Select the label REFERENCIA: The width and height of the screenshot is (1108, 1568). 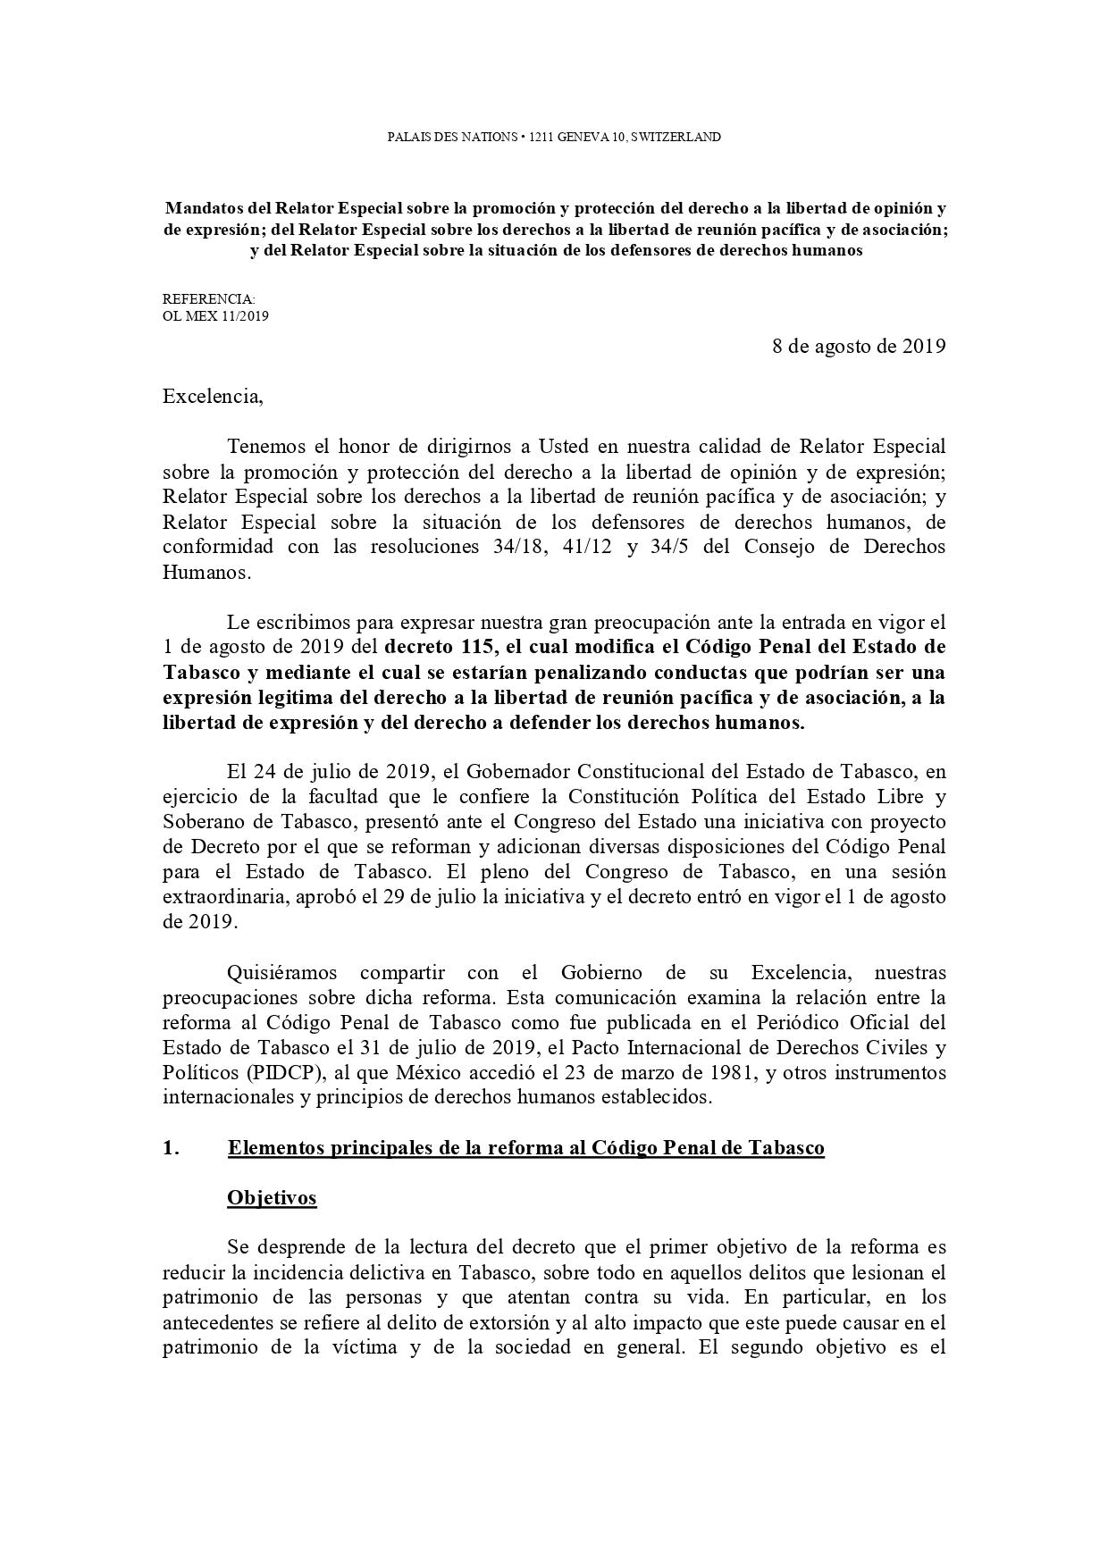(209, 299)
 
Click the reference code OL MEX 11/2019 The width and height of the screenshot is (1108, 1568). (215, 315)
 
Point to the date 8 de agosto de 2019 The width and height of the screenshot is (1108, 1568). (859, 347)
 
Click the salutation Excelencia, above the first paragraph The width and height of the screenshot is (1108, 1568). (213, 397)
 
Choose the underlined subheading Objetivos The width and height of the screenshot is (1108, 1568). (272, 1197)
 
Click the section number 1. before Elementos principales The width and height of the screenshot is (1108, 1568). (172, 1148)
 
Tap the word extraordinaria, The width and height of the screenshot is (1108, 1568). (223, 896)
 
